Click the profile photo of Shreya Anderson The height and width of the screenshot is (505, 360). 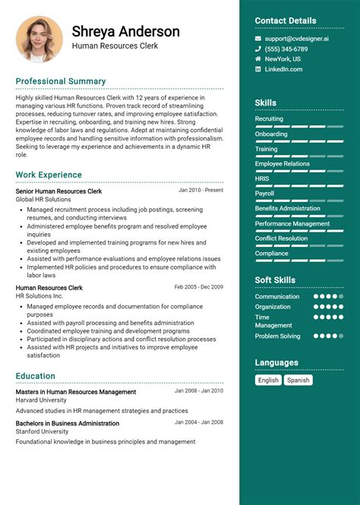(x=39, y=39)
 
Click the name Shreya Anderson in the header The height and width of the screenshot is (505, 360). (x=126, y=31)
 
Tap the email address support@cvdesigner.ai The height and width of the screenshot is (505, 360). (x=297, y=38)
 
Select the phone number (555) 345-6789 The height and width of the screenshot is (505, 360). (x=286, y=49)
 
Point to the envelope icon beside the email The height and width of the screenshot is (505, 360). (x=258, y=38)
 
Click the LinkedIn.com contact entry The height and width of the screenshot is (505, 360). (x=283, y=69)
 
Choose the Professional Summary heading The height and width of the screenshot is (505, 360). (x=61, y=81)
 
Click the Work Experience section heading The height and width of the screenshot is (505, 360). (x=49, y=175)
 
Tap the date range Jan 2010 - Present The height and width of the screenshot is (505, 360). (x=201, y=191)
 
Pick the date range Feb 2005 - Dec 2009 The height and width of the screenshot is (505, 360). (x=198, y=287)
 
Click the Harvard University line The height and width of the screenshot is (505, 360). (x=41, y=400)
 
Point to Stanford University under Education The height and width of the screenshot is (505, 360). (x=41, y=432)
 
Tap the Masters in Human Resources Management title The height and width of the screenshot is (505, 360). (x=76, y=392)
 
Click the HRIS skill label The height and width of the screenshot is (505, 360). (x=262, y=178)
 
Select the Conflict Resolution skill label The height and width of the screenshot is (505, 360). (x=281, y=238)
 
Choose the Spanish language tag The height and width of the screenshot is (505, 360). (x=298, y=380)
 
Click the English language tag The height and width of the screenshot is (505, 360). (x=268, y=380)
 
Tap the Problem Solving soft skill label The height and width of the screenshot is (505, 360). (x=278, y=336)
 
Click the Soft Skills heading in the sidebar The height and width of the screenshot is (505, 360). (x=275, y=280)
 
